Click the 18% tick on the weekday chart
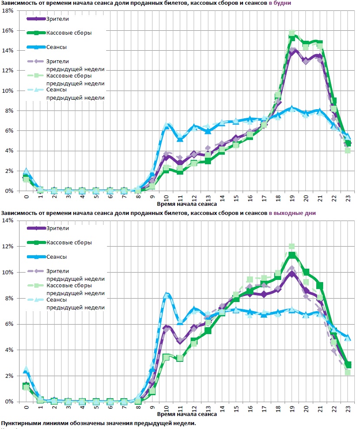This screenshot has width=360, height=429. click(x=9, y=10)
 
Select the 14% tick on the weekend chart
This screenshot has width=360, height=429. click(x=9, y=221)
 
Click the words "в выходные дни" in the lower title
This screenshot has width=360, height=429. click(x=292, y=213)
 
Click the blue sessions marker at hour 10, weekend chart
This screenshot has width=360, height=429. click(x=166, y=295)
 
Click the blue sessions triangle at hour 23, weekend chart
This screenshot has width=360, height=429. click(x=348, y=337)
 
